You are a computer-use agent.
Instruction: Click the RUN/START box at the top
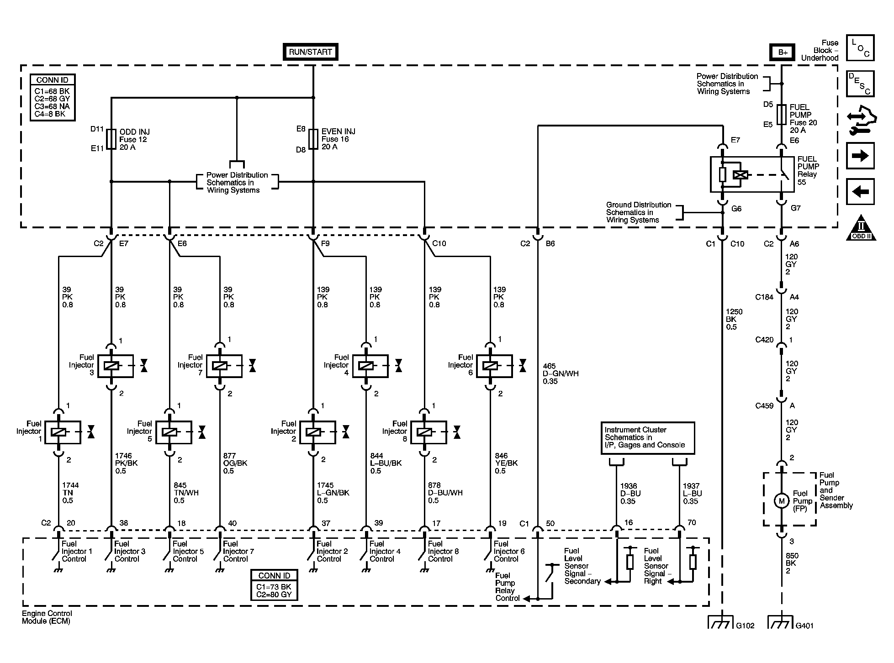click(310, 52)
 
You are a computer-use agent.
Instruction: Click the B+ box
click(783, 52)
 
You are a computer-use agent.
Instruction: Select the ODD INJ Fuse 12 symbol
click(111, 139)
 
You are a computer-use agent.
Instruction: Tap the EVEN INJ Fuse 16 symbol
click(313, 139)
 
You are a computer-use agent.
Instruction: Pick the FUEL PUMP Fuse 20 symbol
click(782, 115)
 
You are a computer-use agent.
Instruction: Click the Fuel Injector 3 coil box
click(116, 366)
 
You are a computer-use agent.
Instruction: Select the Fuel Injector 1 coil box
click(63, 432)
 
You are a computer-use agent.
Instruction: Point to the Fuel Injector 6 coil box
click(494, 366)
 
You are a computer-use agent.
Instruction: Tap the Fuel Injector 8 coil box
click(428, 432)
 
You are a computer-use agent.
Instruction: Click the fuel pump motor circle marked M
click(782, 501)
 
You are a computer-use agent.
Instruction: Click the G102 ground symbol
click(722, 622)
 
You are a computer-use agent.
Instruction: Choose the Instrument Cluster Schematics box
click(648, 438)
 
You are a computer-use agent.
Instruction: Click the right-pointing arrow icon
click(860, 156)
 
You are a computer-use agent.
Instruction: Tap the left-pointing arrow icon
click(860, 191)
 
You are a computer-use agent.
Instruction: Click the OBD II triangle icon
click(861, 228)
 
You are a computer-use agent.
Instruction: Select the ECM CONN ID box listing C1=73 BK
click(274, 585)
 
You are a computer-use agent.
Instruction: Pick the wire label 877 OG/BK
click(235, 463)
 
